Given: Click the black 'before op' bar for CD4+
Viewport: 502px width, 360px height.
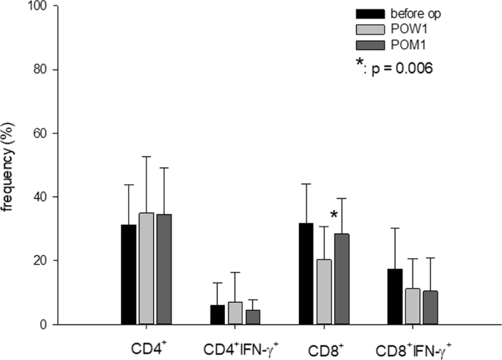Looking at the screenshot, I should click(128, 274).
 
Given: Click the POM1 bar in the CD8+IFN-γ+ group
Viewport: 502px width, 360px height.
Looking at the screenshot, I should click(429, 307).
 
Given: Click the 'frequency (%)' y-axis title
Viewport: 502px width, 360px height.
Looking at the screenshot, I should click(10, 165).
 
